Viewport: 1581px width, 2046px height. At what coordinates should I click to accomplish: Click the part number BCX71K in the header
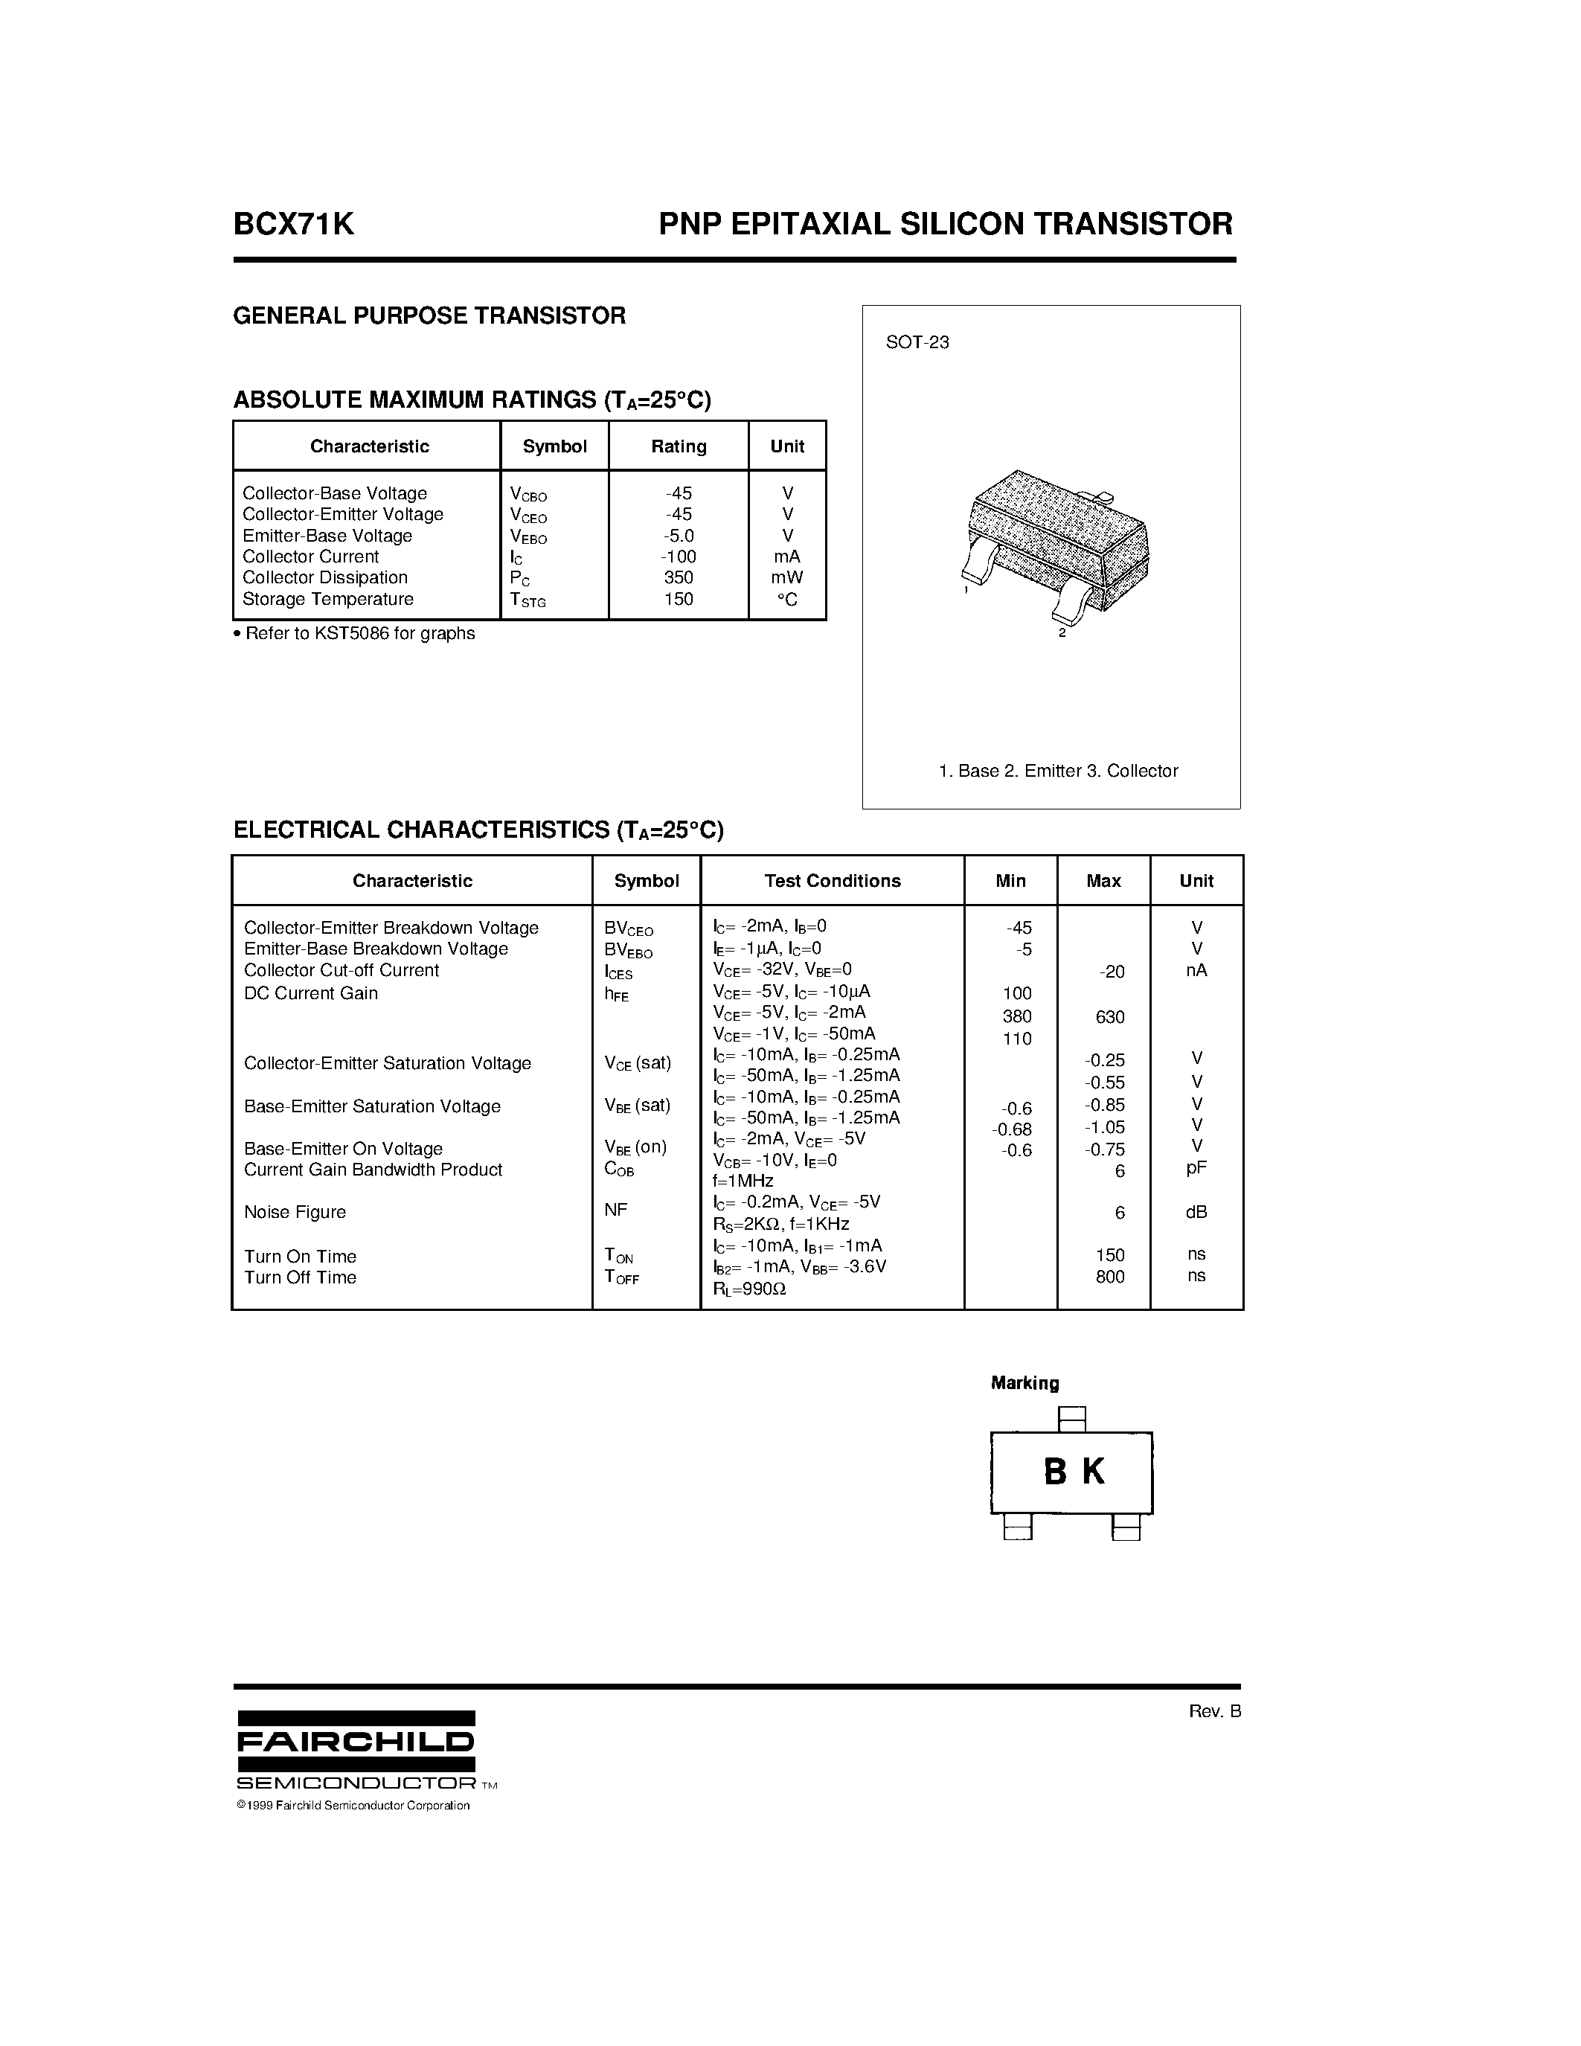click(293, 224)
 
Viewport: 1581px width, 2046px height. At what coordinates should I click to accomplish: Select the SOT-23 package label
click(917, 343)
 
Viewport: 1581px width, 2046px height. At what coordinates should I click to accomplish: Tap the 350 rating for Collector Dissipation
click(678, 578)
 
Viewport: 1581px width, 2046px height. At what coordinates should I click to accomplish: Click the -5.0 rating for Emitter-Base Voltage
click(678, 536)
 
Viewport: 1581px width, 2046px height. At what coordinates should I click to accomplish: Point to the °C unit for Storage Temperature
click(786, 600)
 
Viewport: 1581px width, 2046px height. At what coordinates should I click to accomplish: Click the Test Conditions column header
click(832, 882)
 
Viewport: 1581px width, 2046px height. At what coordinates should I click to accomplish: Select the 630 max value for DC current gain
click(1110, 1017)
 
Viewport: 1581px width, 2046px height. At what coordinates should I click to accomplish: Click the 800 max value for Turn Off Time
click(1110, 1277)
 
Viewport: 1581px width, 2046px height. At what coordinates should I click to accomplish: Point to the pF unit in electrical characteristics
click(1196, 1168)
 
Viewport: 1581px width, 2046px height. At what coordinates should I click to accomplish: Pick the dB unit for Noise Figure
click(1196, 1212)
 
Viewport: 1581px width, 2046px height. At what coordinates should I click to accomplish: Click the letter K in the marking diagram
click(1093, 1472)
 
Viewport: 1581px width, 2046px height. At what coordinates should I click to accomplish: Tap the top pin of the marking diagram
click(1071, 1420)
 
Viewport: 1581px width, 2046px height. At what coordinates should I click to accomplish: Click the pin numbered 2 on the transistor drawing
click(1068, 611)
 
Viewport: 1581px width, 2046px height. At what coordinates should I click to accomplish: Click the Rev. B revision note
click(1214, 1711)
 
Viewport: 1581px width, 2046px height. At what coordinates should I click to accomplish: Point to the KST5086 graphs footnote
click(355, 634)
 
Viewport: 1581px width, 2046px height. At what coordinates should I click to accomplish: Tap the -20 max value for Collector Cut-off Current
click(1112, 972)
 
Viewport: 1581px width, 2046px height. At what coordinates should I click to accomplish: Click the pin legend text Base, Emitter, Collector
click(1057, 771)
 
